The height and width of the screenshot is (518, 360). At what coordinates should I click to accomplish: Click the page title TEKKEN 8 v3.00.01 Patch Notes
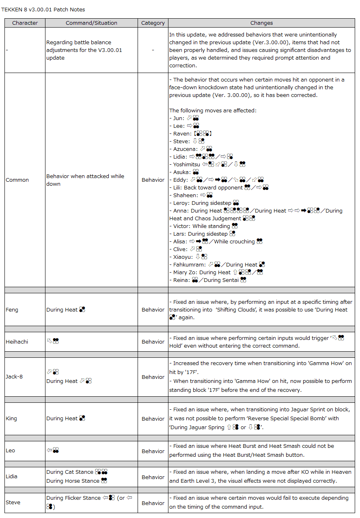point(44,9)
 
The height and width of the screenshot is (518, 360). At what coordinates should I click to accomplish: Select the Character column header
point(25,23)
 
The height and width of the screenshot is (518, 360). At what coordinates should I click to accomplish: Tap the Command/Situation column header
point(91,23)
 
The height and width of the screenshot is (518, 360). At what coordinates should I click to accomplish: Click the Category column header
point(153,23)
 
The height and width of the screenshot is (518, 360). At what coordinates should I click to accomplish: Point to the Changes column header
point(261,23)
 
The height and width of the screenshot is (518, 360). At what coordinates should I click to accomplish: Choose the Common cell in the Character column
point(17,180)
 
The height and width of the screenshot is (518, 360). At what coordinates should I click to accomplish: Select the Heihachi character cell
point(17,342)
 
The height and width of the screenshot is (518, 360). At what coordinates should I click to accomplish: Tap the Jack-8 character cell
point(14,377)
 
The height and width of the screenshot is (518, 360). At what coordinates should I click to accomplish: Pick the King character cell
point(11,419)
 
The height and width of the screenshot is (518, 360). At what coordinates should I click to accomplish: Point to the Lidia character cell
point(12,477)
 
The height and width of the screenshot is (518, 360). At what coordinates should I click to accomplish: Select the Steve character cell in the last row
point(13,503)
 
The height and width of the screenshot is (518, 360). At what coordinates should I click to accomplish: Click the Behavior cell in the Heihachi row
point(153,342)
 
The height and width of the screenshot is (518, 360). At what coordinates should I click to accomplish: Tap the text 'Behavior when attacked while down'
point(85,180)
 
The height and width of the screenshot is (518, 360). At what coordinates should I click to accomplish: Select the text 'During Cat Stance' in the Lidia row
point(70,472)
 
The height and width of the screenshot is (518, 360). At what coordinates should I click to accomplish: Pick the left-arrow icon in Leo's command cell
point(49,450)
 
